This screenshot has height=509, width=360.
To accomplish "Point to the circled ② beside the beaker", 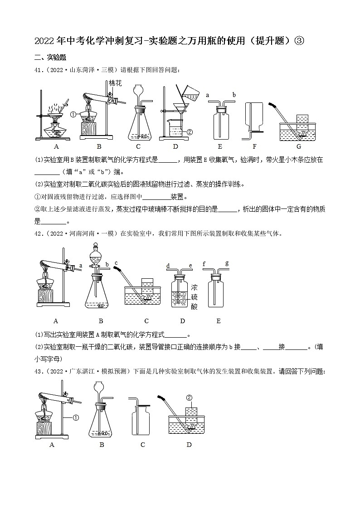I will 190,132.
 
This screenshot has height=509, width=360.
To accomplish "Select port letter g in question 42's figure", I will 227,263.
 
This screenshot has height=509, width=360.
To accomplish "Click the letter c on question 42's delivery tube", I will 116,263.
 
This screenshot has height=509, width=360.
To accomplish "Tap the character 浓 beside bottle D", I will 194,287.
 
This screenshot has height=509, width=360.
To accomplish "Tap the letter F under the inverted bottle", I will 254,146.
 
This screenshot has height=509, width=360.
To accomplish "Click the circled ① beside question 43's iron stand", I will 76,418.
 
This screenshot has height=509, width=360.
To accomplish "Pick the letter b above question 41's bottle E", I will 234,95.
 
